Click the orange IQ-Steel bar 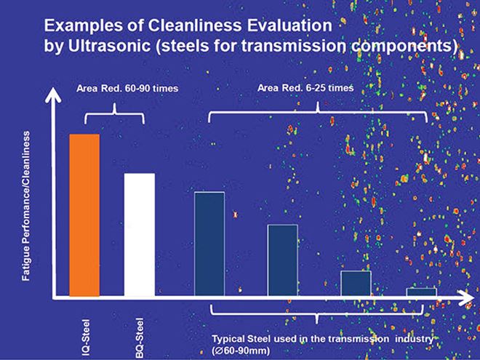84,215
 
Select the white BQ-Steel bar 139,234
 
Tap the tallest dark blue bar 209,244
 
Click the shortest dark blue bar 421,292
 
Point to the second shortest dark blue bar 356,283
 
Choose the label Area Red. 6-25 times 305,88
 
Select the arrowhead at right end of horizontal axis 463,297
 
